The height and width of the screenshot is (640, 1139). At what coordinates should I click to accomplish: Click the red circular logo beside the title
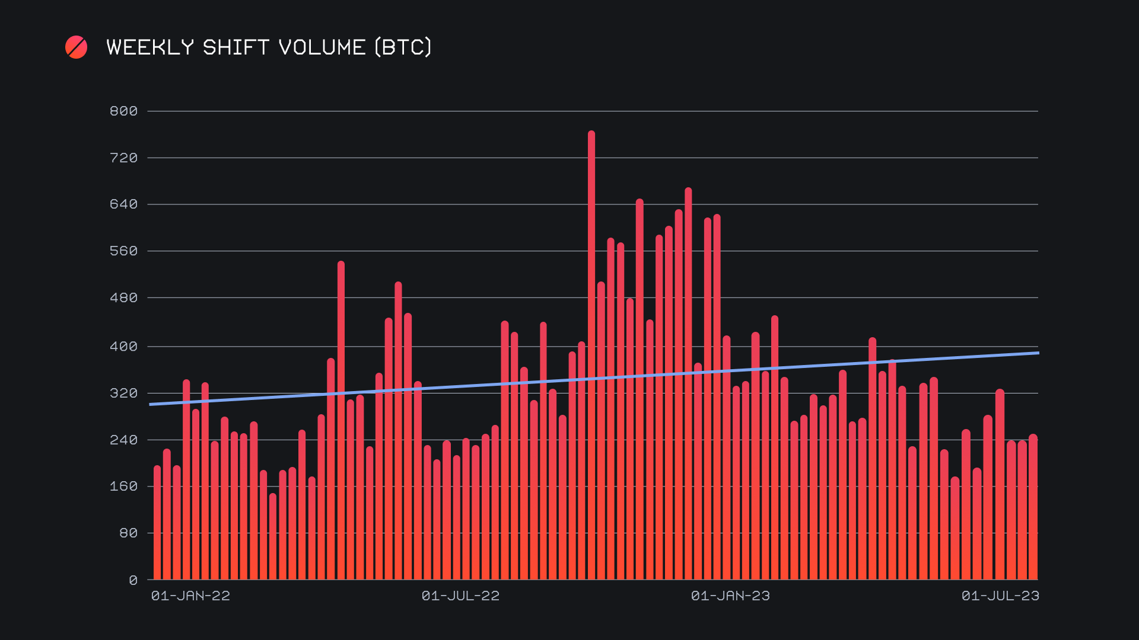76,47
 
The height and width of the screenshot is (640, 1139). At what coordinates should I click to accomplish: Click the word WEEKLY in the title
150,47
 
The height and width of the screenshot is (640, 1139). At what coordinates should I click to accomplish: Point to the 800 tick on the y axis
123,111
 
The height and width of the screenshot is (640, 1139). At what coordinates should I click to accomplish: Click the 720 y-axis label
123,158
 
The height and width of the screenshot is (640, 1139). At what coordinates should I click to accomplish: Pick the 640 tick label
123,204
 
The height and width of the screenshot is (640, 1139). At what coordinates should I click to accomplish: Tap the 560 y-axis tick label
123,251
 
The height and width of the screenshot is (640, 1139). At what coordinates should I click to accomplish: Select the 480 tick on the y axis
123,298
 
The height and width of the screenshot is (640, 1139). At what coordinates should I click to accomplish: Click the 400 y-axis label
123,347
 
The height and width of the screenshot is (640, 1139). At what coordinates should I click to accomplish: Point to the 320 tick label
123,393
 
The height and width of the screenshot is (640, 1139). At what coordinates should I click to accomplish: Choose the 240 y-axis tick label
123,440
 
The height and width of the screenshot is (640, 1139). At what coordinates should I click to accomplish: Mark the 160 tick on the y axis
123,487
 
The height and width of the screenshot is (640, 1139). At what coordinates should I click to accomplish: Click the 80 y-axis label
128,533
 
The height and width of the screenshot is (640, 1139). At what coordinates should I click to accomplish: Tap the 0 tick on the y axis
133,581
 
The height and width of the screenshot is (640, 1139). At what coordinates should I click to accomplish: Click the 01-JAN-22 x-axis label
190,596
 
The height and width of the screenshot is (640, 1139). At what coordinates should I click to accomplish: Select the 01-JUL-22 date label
460,596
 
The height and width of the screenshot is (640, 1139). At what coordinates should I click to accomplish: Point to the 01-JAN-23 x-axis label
730,596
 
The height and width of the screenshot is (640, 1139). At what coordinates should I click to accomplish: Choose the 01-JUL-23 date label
1000,596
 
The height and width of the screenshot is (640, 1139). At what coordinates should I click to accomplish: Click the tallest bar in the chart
591,356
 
